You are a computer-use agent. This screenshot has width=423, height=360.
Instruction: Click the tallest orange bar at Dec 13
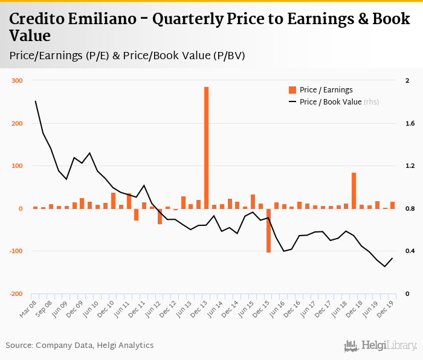coord(206,147)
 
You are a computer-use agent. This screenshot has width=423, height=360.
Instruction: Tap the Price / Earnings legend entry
coord(321,90)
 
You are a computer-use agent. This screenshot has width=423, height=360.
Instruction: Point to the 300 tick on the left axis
coord(17,81)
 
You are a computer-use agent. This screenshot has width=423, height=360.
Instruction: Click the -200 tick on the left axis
coord(16,294)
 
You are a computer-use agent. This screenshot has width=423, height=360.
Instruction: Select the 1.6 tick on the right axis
coord(408,124)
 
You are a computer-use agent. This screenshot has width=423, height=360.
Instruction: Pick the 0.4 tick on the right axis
coord(408,251)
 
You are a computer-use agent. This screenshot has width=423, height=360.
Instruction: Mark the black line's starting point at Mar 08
coord(36,101)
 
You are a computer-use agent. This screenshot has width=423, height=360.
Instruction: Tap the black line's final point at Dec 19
coord(392,259)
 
